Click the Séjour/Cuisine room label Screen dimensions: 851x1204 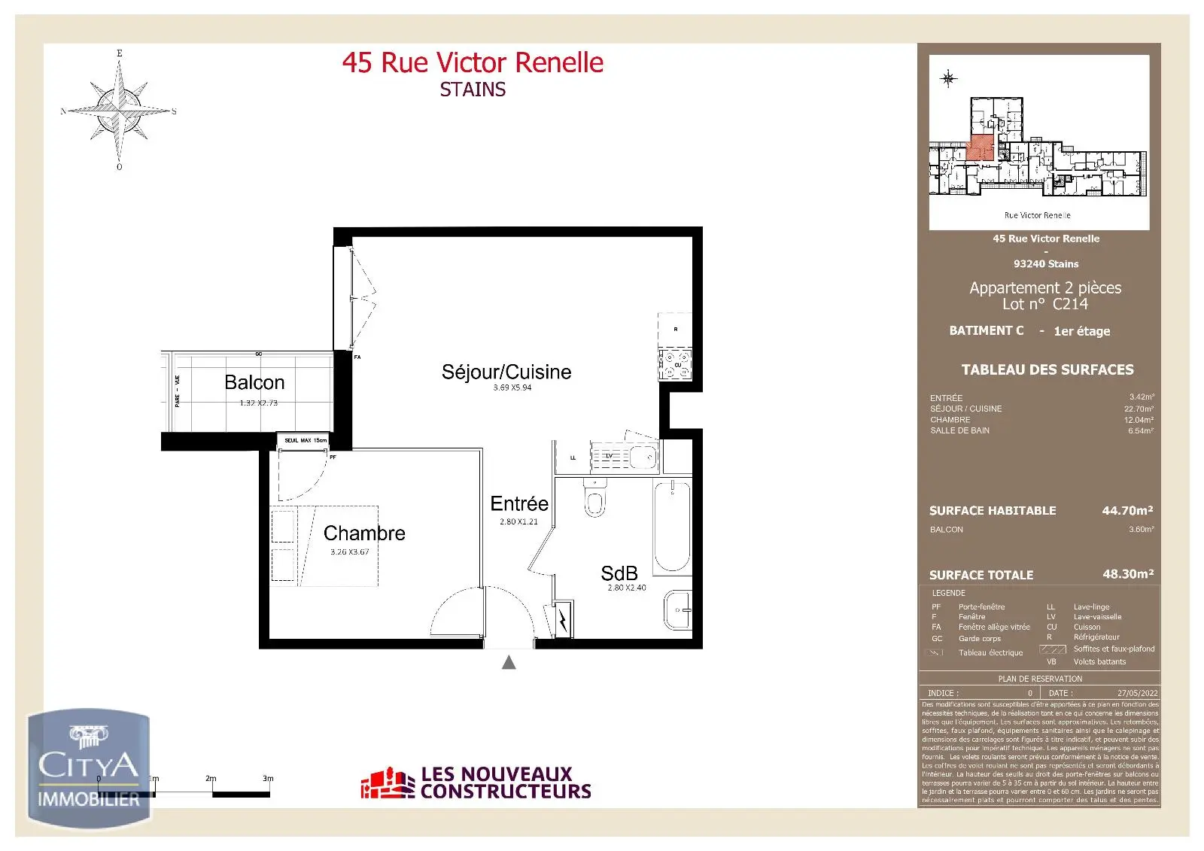click(x=506, y=372)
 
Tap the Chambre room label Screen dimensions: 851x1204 click(x=364, y=533)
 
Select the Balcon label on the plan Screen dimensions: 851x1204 click(x=254, y=382)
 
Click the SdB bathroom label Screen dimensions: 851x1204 click(x=619, y=573)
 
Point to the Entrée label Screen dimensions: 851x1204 click(x=519, y=503)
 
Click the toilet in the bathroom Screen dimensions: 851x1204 click(x=594, y=500)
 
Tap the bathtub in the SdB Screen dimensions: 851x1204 click(x=672, y=527)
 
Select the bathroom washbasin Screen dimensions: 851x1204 click(x=677, y=609)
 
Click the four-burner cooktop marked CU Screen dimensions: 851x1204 click(x=675, y=364)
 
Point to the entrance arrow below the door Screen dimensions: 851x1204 click(x=509, y=662)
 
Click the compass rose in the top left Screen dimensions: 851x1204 click(x=119, y=111)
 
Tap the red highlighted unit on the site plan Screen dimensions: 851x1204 click(x=979, y=147)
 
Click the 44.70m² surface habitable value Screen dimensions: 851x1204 click(x=1127, y=510)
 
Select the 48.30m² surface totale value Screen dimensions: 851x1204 click(x=1127, y=574)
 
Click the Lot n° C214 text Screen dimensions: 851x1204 click(x=1045, y=304)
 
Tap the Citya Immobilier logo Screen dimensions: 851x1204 click(x=89, y=769)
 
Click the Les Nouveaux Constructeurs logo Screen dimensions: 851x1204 click(x=476, y=783)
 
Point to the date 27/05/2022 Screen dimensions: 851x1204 click(x=1137, y=693)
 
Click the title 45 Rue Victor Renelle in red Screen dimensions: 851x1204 click(x=473, y=62)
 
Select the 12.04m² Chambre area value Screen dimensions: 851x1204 click(x=1139, y=420)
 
